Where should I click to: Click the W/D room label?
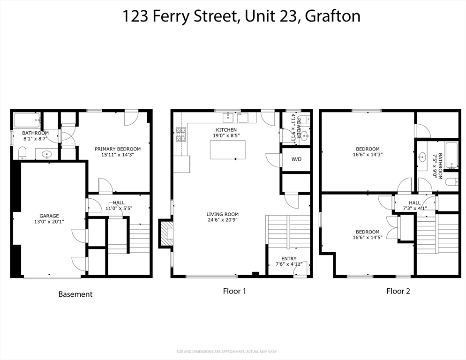[x=296, y=159]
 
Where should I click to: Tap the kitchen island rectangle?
[x=228, y=150]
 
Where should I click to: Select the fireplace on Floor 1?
[x=166, y=233]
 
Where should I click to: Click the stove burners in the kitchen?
[x=180, y=134]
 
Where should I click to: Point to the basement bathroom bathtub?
[x=27, y=120]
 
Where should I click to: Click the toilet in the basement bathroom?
[x=23, y=153]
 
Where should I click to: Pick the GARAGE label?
[x=49, y=216]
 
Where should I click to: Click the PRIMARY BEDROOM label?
[x=118, y=149]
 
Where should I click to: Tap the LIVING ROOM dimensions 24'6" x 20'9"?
[x=223, y=220]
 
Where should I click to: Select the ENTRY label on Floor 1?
[x=289, y=259]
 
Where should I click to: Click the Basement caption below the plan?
[x=75, y=294]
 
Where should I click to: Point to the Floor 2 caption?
[x=398, y=291]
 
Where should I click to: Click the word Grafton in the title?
[x=333, y=16]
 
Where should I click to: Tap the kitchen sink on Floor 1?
[x=228, y=117]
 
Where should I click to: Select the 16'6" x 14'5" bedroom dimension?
[x=368, y=238]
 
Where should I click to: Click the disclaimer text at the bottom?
[x=226, y=352]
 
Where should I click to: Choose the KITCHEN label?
[x=226, y=130]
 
